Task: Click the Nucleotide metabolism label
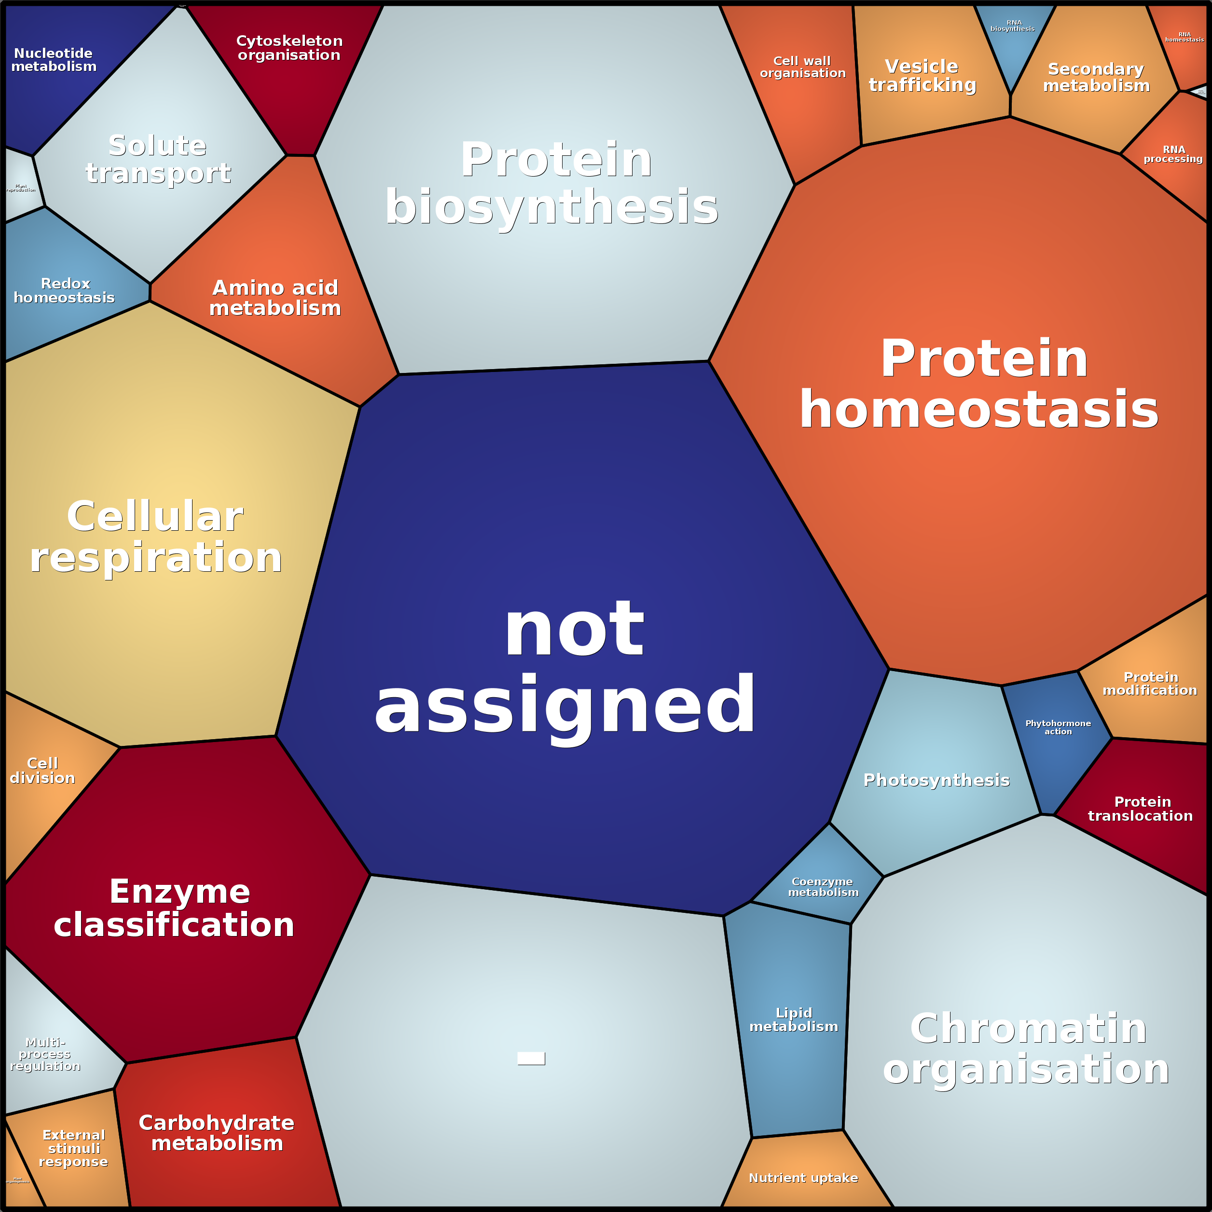[54, 60]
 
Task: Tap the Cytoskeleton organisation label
[289, 48]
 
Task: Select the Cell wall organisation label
[802, 67]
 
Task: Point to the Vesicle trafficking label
[922, 76]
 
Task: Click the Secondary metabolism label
[1096, 78]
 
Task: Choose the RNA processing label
[1173, 154]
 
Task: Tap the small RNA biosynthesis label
[1013, 26]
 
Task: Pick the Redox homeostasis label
[65, 291]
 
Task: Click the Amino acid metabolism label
[275, 298]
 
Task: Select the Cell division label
[42, 771]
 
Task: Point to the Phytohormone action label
[1058, 728]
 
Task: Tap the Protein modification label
[1150, 684]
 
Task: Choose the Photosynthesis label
[937, 780]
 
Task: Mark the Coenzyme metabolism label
[823, 887]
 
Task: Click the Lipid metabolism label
[794, 1020]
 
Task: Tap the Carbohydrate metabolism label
[217, 1133]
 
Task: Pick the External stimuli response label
[73, 1149]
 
